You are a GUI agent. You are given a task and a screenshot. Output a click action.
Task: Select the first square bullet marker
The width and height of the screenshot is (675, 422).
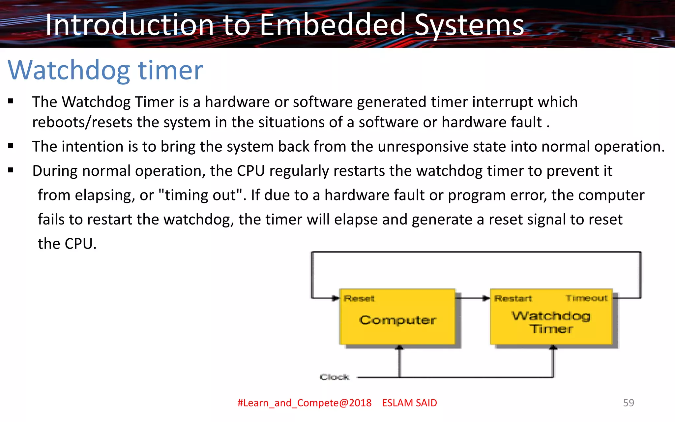point(11,101)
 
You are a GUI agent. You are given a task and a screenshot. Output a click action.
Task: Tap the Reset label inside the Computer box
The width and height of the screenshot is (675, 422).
point(359,298)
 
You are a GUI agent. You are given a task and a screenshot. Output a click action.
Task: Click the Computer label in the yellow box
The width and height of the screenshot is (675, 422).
point(397,320)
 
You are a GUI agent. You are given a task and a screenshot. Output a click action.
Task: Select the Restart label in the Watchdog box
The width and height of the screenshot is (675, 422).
point(513,298)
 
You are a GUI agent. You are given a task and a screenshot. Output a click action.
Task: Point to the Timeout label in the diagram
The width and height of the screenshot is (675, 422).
point(586,298)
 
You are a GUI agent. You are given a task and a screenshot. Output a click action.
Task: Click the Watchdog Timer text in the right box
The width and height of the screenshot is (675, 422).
point(551,322)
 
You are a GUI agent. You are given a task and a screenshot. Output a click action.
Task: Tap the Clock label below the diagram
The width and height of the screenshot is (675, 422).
point(334,377)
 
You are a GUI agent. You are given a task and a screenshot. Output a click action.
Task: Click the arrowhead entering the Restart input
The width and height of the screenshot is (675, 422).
point(486,298)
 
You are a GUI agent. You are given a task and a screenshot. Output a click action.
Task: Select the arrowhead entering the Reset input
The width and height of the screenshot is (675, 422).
point(336,298)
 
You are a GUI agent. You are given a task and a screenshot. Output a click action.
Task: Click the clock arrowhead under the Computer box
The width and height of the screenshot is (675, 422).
point(399,347)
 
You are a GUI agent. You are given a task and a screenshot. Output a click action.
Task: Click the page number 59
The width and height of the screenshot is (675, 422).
point(628,403)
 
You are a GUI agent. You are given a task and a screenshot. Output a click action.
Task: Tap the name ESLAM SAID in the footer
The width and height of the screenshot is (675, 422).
point(409,403)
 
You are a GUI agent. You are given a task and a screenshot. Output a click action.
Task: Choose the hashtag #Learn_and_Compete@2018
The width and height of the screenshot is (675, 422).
point(304,403)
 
